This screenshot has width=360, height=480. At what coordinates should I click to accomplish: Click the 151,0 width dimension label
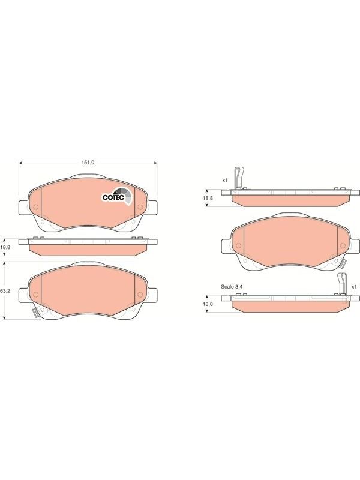88,163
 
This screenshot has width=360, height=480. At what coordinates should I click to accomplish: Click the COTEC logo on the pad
117,196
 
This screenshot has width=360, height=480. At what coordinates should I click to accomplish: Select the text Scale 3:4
232,287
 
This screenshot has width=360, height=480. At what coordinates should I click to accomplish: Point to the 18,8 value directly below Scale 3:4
208,304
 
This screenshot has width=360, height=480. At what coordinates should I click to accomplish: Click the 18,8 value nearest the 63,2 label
6,247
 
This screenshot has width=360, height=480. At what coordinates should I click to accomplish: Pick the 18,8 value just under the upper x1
208,198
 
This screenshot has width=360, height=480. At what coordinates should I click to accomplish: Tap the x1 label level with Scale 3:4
354,287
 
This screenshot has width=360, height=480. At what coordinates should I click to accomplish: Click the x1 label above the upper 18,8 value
225,181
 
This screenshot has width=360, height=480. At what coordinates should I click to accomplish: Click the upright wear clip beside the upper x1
238,178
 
